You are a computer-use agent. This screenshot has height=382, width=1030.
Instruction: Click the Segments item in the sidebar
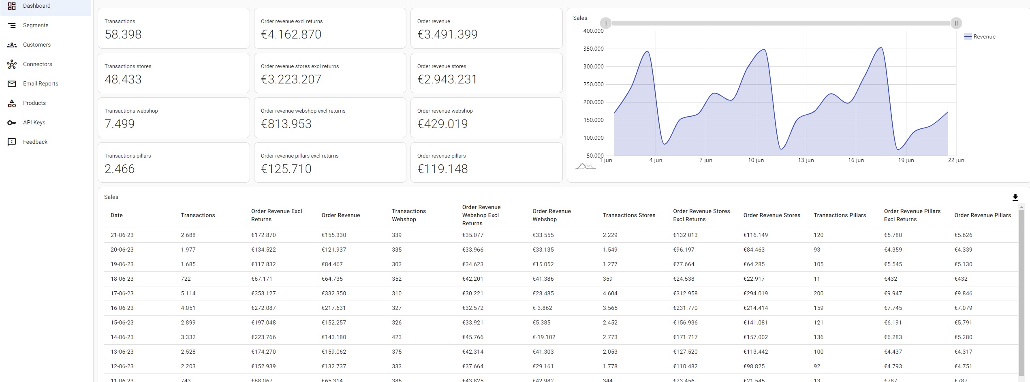(x=35, y=25)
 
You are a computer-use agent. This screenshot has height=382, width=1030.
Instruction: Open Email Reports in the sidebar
(x=40, y=83)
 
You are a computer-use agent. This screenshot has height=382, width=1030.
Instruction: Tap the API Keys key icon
(x=12, y=123)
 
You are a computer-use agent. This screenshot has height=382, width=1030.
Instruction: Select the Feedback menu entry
(x=35, y=142)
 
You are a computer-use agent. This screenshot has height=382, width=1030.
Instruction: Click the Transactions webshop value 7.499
(x=120, y=124)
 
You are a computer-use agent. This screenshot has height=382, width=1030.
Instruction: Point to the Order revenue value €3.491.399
(x=447, y=34)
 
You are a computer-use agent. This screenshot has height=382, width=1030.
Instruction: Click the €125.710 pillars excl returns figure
(x=286, y=169)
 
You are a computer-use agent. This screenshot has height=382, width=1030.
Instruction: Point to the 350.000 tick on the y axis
(x=593, y=49)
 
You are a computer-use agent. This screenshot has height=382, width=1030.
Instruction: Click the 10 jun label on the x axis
(x=756, y=160)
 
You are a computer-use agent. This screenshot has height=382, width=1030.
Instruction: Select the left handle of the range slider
(x=606, y=23)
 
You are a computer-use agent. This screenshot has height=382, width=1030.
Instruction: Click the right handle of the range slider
(x=956, y=23)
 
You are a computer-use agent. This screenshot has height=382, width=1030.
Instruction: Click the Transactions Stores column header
(x=629, y=215)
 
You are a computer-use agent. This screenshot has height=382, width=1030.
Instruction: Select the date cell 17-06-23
(x=122, y=293)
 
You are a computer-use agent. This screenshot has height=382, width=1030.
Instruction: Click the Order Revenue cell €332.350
(x=334, y=293)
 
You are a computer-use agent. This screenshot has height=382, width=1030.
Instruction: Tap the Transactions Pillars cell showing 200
(x=818, y=293)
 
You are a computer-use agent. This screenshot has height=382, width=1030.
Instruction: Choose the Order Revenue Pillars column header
(x=982, y=215)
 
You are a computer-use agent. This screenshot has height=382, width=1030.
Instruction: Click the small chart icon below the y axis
(x=586, y=166)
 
